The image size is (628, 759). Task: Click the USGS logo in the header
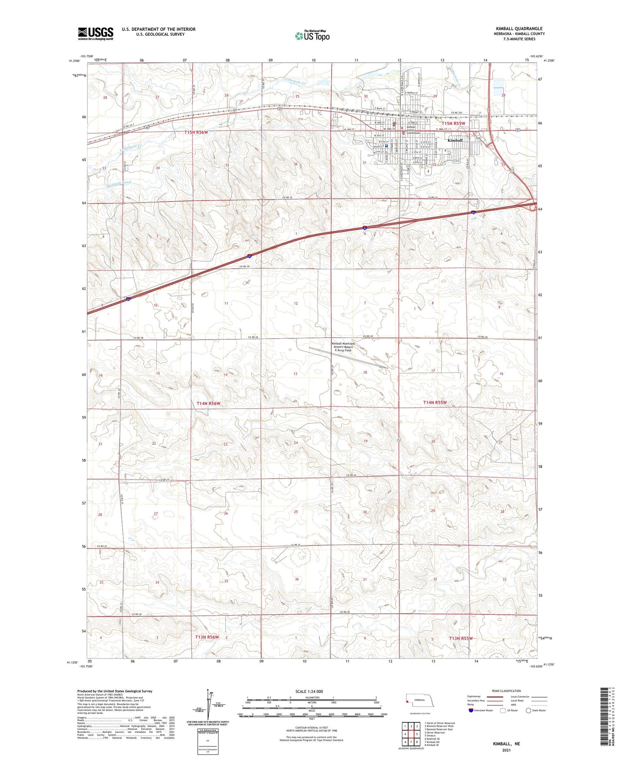pyautogui.click(x=95, y=33)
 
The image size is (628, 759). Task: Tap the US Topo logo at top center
pyautogui.click(x=312, y=36)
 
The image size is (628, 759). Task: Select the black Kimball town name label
pyautogui.click(x=455, y=140)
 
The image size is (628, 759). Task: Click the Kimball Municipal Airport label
pyautogui.click(x=343, y=346)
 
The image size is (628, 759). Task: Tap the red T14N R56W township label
pyautogui.click(x=209, y=403)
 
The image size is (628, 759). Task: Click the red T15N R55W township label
pyautogui.click(x=450, y=123)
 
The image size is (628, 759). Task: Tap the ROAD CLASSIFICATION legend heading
pyautogui.click(x=506, y=691)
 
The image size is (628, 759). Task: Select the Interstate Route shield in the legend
pyautogui.click(x=472, y=710)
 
